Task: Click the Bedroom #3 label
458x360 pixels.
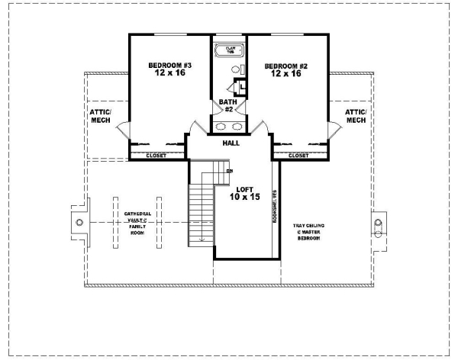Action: point(169,71)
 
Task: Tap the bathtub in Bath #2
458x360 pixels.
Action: point(228,52)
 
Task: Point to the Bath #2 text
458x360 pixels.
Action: point(227,105)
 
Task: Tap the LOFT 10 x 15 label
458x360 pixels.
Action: point(244,191)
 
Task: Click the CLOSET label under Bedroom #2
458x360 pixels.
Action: point(298,156)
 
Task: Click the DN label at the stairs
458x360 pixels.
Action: point(228,171)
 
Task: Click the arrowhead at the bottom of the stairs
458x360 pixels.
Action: point(202,241)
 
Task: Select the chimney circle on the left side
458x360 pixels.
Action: point(79,222)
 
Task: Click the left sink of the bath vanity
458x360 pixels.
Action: point(219,127)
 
